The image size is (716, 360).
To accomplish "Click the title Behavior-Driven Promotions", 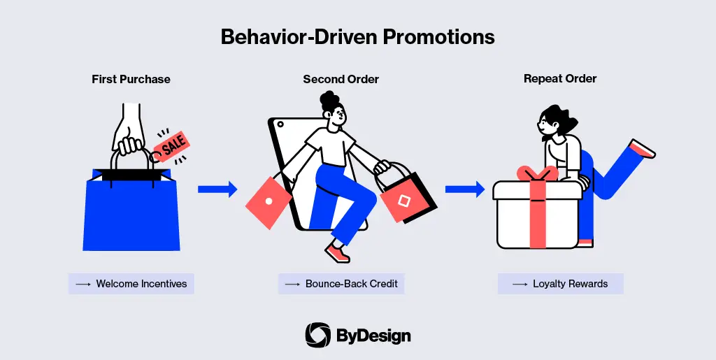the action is (x=357, y=37).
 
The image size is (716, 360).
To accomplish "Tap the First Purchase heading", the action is (x=131, y=80).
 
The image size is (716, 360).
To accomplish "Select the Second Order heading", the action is (x=341, y=80).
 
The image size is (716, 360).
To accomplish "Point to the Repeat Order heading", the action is (x=560, y=79).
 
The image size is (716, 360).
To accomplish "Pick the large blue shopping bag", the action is (x=131, y=210).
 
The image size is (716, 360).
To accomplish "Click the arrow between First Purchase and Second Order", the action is (x=217, y=189).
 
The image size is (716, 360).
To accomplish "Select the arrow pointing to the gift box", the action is (x=465, y=189).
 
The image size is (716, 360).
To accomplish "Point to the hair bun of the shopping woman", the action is (x=329, y=101).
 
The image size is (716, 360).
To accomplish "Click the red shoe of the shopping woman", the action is (x=338, y=253).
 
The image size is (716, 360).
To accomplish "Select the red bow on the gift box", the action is (x=538, y=173).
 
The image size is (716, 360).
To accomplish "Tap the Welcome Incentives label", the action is (x=131, y=284).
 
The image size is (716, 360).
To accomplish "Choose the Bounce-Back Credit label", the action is (x=341, y=284).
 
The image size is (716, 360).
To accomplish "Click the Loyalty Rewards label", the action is (x=560, y=284).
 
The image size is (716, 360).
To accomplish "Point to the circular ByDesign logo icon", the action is (x=318, y=336).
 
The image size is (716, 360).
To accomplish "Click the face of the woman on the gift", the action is (x=546, y=123).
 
